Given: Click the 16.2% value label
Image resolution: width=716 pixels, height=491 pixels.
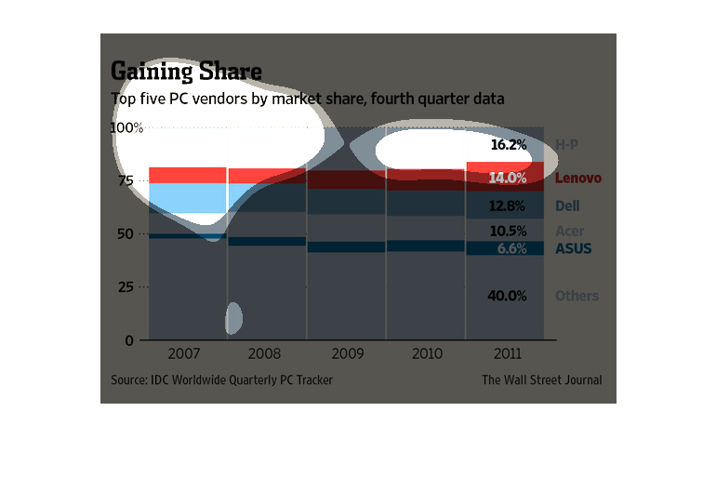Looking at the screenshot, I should (509, 145).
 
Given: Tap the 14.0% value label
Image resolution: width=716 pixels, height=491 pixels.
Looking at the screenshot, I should (509, 178).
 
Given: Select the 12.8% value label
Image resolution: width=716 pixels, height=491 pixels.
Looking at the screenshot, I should (509, 206).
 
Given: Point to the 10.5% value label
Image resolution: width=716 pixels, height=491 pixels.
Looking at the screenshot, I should (509, 231).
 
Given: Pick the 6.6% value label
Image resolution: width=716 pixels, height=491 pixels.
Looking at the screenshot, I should (511, 249).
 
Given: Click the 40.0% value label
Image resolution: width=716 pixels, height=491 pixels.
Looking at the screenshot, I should (509, 296).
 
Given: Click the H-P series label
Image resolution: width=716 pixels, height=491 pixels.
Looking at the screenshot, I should (567, 145).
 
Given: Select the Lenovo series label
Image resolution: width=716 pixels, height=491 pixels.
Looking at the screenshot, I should (578, 178).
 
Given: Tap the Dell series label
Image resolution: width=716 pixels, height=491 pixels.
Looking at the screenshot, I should (567, 206).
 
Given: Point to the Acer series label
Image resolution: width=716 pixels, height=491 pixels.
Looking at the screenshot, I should (569, 231).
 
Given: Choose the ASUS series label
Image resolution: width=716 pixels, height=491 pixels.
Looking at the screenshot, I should (573, 249).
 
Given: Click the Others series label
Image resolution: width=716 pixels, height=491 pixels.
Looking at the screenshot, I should (577, 296).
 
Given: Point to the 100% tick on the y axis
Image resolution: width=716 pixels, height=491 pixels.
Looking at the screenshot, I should (127, 127).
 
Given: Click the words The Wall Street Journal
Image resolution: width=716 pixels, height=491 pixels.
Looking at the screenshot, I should (541, 379).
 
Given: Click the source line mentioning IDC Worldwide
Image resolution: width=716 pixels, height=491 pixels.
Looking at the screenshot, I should (221, 379).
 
